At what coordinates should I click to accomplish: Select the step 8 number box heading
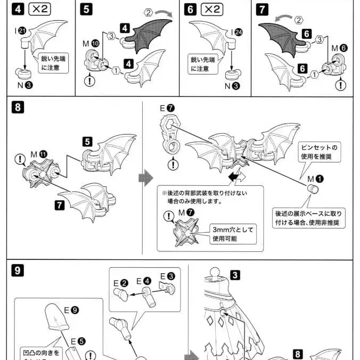[x=18, y=108]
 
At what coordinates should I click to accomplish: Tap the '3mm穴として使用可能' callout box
[x=233, y=234]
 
